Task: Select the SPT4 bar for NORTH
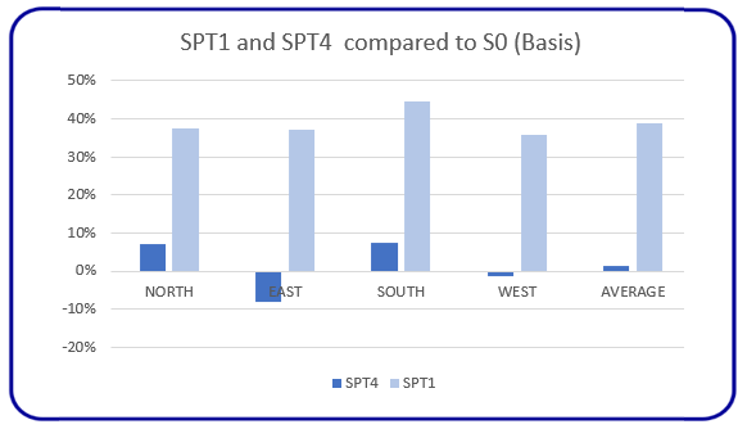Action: click(153, 257)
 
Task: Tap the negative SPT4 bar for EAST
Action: click(268, 286)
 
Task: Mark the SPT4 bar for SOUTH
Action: click(384, 256)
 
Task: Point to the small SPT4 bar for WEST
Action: click(501, 273)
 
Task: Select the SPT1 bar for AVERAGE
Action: click(649, 197)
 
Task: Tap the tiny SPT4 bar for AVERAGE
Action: click(617, 268)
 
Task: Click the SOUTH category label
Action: click(400, 292)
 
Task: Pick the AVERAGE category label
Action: click(632, 292)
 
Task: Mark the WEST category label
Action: click(517, 292)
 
